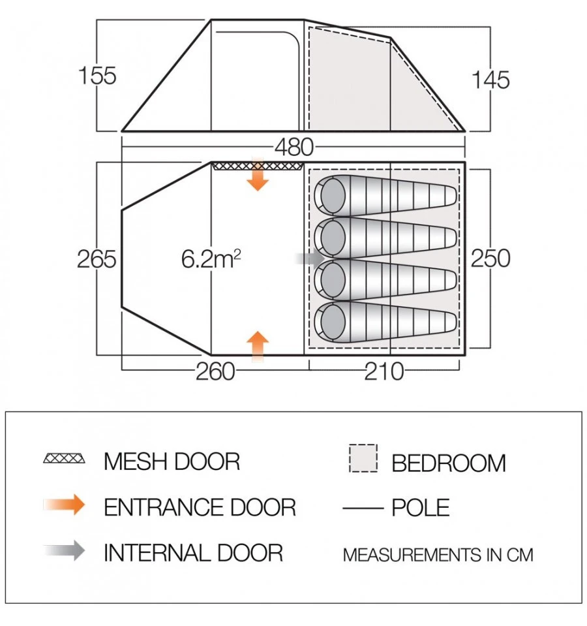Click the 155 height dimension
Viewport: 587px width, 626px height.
click(x=98, y=76)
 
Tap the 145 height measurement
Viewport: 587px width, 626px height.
click(x=490, y=80)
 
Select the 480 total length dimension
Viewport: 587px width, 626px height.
click(x=294, y=147)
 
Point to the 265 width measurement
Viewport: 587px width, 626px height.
click(x=97, y=258)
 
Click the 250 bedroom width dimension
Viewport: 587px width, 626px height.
click(x=490, y=258)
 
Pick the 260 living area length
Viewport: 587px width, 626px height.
click(x=215, y=371)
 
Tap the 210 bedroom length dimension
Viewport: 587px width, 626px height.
click(x=384, y=371)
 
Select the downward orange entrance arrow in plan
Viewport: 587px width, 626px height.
click(x=258, y=174)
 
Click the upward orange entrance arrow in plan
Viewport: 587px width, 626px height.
click(x=258, y=347)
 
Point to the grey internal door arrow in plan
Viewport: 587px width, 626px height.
click(x=310, y=258)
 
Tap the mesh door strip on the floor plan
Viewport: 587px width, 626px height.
click(x=258, y=166)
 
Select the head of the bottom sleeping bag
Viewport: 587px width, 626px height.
click(x=330, y=322)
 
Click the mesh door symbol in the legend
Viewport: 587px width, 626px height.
click(x=64, y=458)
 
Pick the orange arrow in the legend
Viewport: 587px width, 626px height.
click(x=64, y=505)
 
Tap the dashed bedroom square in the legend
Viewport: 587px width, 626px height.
click(x=363, y=458)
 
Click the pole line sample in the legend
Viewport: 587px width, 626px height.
click(x=363, y=509)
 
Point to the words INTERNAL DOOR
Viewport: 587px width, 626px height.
click(x=194, y=553)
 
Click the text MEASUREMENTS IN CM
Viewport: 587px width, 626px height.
click(x=438, y=555)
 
